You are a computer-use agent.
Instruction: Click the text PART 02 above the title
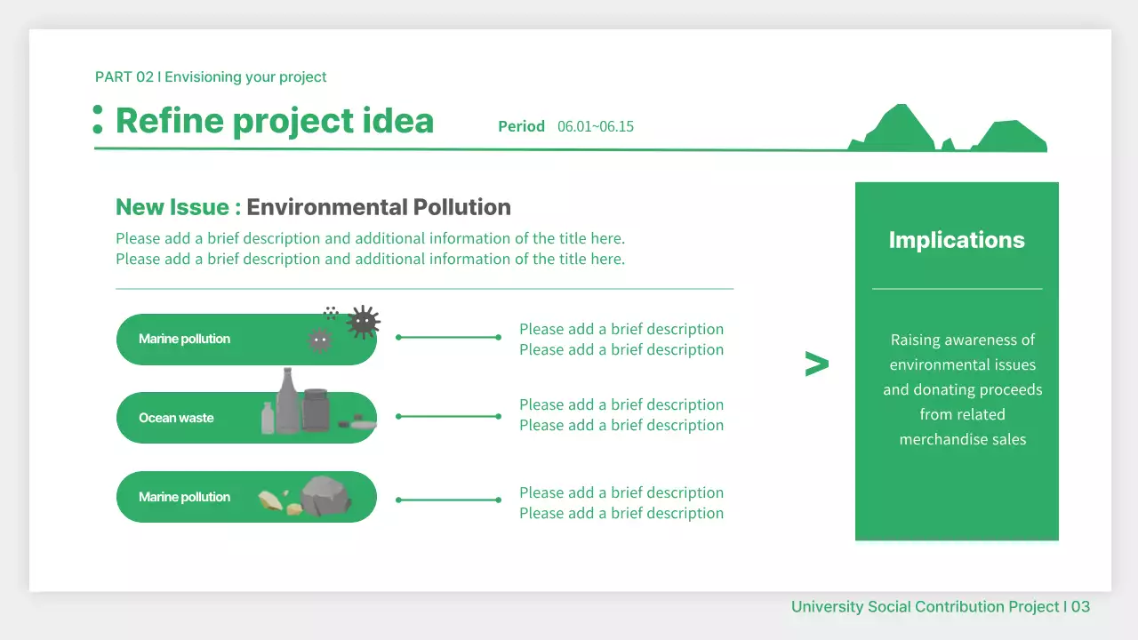(124, 77)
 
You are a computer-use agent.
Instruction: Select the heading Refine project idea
(275, 121)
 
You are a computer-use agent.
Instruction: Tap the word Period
(521, 126)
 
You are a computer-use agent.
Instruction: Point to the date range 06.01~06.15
(596, 126)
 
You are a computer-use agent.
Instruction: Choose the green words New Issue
(178, 207)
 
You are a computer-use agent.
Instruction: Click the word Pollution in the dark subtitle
(461, 207)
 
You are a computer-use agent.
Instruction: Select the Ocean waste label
(176, 418)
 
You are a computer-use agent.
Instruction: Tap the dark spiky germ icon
(363, 322)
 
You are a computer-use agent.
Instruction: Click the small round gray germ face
(320, 340)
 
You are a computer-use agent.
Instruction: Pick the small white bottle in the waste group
(268, 418)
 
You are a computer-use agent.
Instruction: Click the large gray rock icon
(326, 496)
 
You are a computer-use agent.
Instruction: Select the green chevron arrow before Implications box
(816, 364)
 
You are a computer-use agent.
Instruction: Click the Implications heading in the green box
(957, 240)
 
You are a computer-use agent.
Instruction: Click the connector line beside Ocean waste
(449, 416)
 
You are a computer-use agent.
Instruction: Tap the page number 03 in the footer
(1080, 607)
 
